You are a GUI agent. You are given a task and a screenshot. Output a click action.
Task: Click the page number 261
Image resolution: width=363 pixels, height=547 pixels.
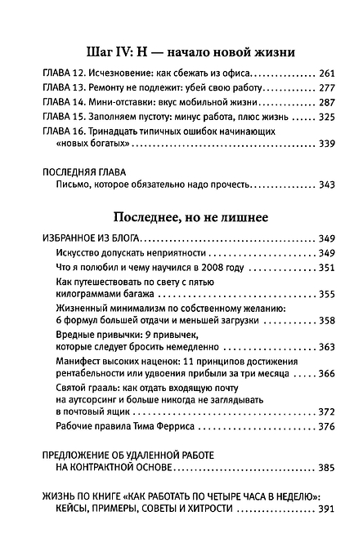click(x=325, y=73)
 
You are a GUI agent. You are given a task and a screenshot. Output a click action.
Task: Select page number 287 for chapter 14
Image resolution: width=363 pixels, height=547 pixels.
click(x=325, y=103)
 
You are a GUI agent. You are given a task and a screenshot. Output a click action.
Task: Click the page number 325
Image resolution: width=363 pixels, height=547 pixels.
click(x=325, y=118)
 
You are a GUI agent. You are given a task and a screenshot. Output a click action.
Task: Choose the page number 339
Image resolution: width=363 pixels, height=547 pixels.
click(x=325, y=148)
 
